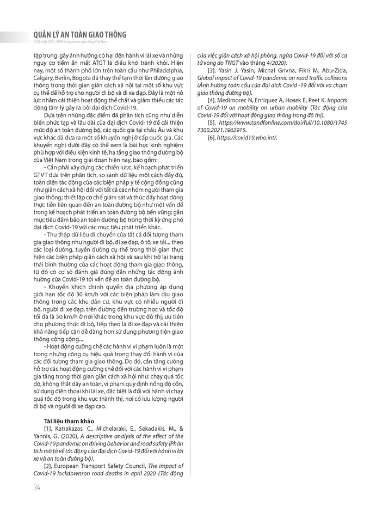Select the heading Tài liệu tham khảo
click(67, 422)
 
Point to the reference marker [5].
click(213, 123)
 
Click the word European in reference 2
click(72, 466)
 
